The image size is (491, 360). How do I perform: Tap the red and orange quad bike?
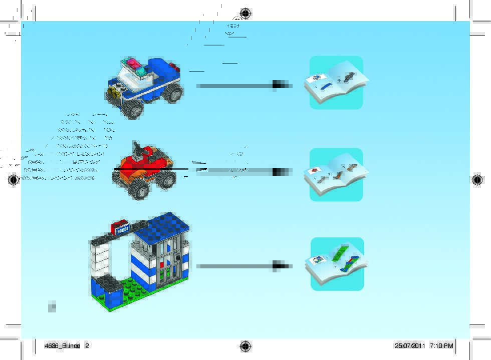pyautogui.click(x=143, y=168)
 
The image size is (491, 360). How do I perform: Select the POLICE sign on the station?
pyautogui.click(x=122, y=229)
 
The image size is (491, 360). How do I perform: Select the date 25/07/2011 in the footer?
pyautogui.click(x=409, y=345)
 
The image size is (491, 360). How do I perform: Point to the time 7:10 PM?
pyautogui.click(x=441, y=345)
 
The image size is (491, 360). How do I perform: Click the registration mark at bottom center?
pyautogui.click(x=245, y=346)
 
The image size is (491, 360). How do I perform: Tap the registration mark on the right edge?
pyautogui.click(x=477, y=179)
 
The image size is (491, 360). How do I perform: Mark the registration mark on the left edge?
pyautogui.click(x=14, y=179)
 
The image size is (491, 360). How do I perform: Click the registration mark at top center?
pyautogui.click(x=245, y=13)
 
